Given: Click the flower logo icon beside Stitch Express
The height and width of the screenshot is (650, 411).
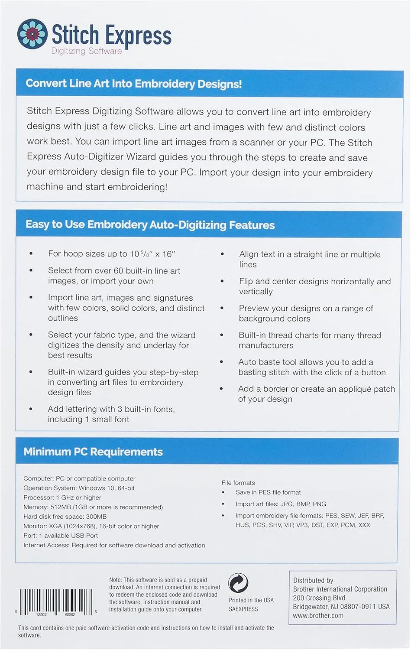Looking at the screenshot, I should (x=32, y=34).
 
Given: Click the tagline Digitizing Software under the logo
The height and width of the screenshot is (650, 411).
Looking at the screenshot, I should (x=87, y=51).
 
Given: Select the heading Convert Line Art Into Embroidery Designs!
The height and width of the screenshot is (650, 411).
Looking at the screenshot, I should (x=133, y=83).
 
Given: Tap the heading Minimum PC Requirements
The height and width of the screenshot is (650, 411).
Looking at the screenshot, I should (x=93, y=452).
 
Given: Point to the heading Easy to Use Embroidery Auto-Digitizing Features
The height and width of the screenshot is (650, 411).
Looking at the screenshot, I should (x=150, y=224).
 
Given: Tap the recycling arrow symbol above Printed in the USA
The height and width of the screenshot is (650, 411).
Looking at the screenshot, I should (x=238, y=583).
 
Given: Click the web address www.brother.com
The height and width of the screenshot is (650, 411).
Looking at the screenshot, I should (x=318, y=615).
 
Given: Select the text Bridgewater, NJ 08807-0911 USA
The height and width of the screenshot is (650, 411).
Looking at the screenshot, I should (x=341, y=607).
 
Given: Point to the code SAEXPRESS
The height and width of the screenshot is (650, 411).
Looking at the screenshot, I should (x=243, y=609).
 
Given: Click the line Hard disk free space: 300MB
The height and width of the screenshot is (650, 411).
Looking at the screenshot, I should (x=65, y=517).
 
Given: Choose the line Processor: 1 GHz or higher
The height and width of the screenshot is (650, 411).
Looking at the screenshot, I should (x=62, y=497).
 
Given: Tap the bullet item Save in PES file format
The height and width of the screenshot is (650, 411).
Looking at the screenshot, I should (x=268, y=492).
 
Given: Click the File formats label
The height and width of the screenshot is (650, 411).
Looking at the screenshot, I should (x=238, y=483).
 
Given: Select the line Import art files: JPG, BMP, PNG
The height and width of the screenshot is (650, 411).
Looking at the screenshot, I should (x=281, y=504).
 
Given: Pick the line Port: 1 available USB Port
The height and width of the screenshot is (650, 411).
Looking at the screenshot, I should (x=61, y=536).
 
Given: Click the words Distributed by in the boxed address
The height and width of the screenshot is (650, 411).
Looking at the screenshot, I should (x=313, y=580).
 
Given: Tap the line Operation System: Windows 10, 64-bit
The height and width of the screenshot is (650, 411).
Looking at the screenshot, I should (x=79, y=488).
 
